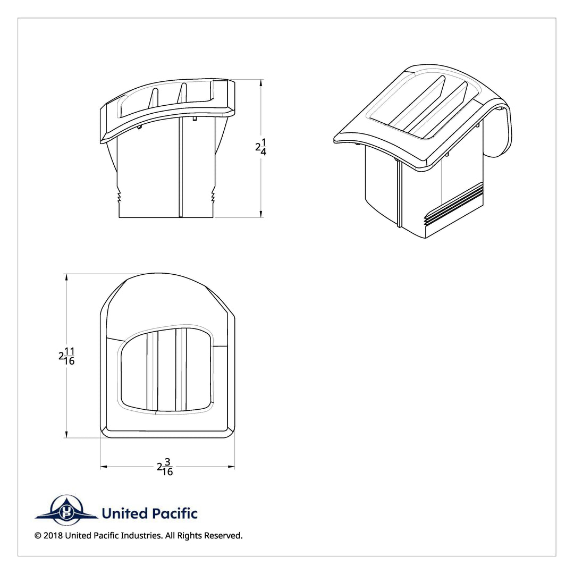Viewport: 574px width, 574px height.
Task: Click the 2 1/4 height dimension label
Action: click(261, 147)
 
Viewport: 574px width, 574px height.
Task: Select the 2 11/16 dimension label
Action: click(66, 356)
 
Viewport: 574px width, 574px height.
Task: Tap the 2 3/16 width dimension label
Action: click(165, 467)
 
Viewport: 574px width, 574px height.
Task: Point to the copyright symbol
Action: click(38, 536)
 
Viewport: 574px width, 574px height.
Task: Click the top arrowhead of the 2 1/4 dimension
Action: click(260, 83)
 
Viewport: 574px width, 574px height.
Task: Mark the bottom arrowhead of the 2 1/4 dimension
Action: click(260, 214)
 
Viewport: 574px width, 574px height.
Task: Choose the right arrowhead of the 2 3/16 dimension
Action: click(231, 467)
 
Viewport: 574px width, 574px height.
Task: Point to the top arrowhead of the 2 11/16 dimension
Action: click(66, 277)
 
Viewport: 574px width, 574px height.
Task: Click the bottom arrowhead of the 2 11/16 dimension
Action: click(66, 434)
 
